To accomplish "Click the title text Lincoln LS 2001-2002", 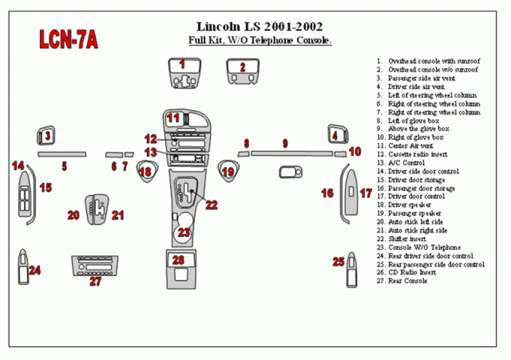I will [260, 26].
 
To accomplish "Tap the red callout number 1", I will [182, 64].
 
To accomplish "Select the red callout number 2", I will [242, 67].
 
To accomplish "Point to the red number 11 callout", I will [173, 117].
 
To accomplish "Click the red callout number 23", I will [184, 233].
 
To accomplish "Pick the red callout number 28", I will [179, 260].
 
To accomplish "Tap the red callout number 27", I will [95, 282].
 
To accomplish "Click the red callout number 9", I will [285, 144].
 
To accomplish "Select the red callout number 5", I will [64, 166].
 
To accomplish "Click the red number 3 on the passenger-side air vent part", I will [47, 135].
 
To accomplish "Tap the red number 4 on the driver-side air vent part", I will [336, 135].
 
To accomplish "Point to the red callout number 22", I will [211, 205].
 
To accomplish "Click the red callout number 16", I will [327, 194].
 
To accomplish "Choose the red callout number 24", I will [35, 270].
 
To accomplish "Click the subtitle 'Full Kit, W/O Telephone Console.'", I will [260, 41].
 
